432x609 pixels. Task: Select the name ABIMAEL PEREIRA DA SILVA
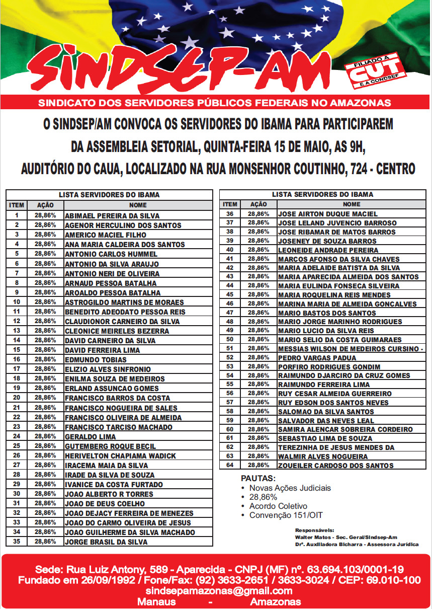coord(112,215)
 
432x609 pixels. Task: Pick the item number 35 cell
coord(17,542)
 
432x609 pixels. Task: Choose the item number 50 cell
coord(230,339)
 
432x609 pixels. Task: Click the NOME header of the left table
coord(138,205)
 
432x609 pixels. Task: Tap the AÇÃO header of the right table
coord(258,204)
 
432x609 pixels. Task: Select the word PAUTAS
coord(258,478)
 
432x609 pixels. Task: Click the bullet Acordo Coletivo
coord(278,506)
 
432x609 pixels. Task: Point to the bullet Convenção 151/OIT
coord(286,515)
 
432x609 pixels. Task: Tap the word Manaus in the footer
coord(156,602)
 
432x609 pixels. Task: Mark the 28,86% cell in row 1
coord(45,215)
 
